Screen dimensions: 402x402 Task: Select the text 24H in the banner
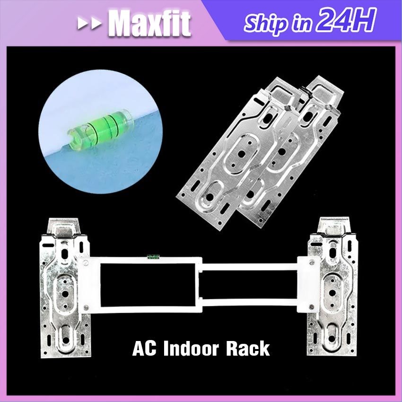pyautogui.click(x=347, y=21)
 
